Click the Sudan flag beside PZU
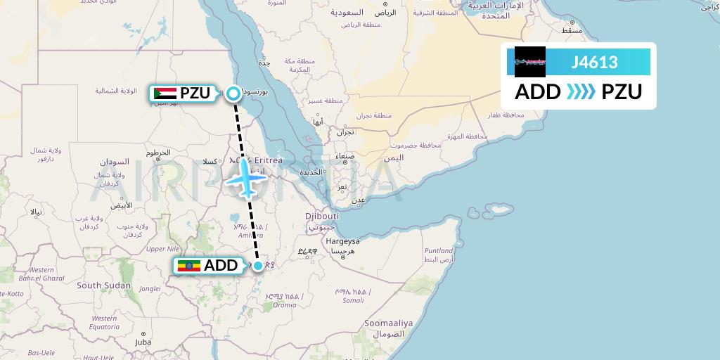click(x=165, y=93)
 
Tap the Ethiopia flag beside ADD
click(x=188, y=266)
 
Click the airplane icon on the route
click(x=246, y=179)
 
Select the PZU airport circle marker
click(x=233, y=92)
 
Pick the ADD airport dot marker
click(x=259, y=266)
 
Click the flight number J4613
click(x=595, y=63)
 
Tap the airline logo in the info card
click(x=530, y=62)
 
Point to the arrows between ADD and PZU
click(x=581, y=92)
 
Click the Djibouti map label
click(x=322, y=215)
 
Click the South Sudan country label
click(x=103, y=285)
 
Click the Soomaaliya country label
click(x=388, y=323)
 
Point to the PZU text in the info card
click(x=621, y=92)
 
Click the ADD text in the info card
click(x=538, y=92)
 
